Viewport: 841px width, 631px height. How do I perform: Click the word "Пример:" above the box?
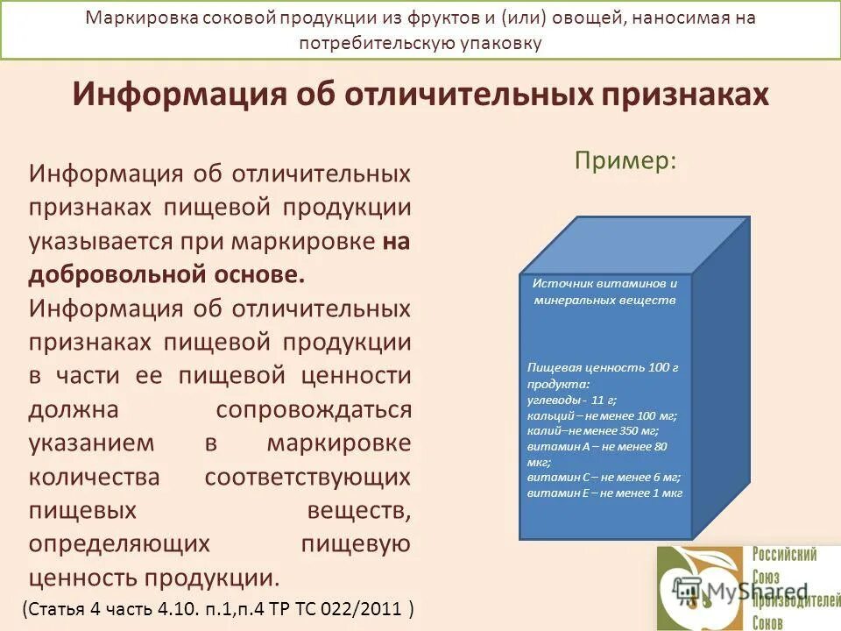coord(625,161)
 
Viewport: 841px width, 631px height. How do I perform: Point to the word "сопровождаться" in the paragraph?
coord(313,409)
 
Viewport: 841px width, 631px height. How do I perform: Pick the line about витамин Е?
coord(604,493)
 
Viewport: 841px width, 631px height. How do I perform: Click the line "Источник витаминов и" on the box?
coord(605,284)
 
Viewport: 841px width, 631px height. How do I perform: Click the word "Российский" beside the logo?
coord(784,555)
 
